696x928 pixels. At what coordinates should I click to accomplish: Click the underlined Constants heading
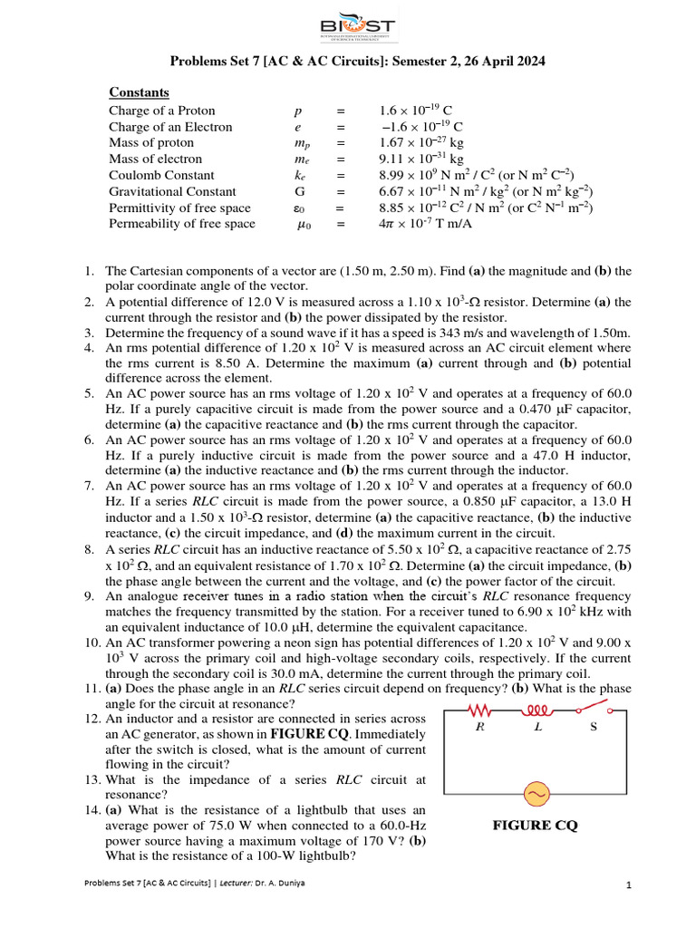pos(139,92)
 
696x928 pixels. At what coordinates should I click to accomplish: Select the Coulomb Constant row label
pos(161,175)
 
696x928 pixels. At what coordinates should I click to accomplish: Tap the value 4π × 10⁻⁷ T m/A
pos(426,224)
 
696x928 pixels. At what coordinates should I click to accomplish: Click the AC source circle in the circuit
pos(535,795)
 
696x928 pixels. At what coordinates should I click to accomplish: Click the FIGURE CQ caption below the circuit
pos(535,826)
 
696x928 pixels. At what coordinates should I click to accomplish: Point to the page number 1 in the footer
pos(628,885)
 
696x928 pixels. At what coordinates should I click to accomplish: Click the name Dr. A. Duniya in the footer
pos(276,883)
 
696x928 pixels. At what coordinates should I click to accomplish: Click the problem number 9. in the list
pos(90,595)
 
